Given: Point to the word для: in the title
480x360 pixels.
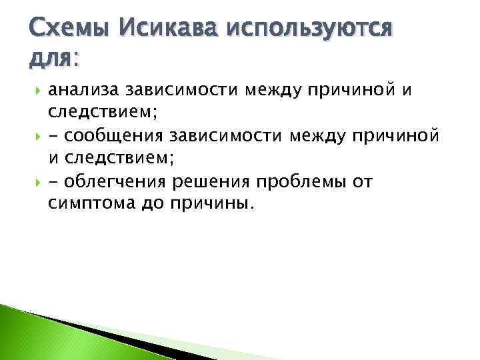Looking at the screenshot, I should (x=53, y=59).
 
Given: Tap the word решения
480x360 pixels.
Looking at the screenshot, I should (x=208, y=181).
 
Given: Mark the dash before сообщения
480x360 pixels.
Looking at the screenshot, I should (x=53, y=137).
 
